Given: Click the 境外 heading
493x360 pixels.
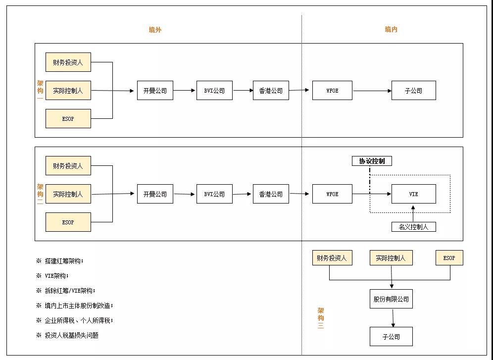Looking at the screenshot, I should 155,30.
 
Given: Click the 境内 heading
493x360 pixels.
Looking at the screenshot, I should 391,30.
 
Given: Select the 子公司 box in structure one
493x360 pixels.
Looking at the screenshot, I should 413,91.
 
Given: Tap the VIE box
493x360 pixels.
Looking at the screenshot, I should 413,194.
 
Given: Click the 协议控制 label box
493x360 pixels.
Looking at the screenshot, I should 372,161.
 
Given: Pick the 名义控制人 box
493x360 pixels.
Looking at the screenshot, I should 413,227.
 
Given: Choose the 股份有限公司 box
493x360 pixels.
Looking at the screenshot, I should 391,299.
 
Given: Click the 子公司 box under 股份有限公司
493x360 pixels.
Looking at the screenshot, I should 391,337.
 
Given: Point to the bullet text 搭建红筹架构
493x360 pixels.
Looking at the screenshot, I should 64,261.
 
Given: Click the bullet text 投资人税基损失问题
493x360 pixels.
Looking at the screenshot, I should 72,335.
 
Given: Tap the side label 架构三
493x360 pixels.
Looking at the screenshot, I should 321,318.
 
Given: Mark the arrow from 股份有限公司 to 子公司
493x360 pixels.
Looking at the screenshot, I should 393,318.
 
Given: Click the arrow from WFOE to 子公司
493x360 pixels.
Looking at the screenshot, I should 372,91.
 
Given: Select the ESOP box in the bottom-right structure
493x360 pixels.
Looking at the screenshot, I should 449,258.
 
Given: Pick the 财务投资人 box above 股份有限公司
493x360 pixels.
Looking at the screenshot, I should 332,258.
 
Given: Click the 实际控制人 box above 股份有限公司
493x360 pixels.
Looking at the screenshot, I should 391,258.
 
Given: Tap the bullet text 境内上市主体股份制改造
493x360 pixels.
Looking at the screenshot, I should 79,306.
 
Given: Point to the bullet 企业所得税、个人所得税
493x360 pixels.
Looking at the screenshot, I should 79,320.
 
